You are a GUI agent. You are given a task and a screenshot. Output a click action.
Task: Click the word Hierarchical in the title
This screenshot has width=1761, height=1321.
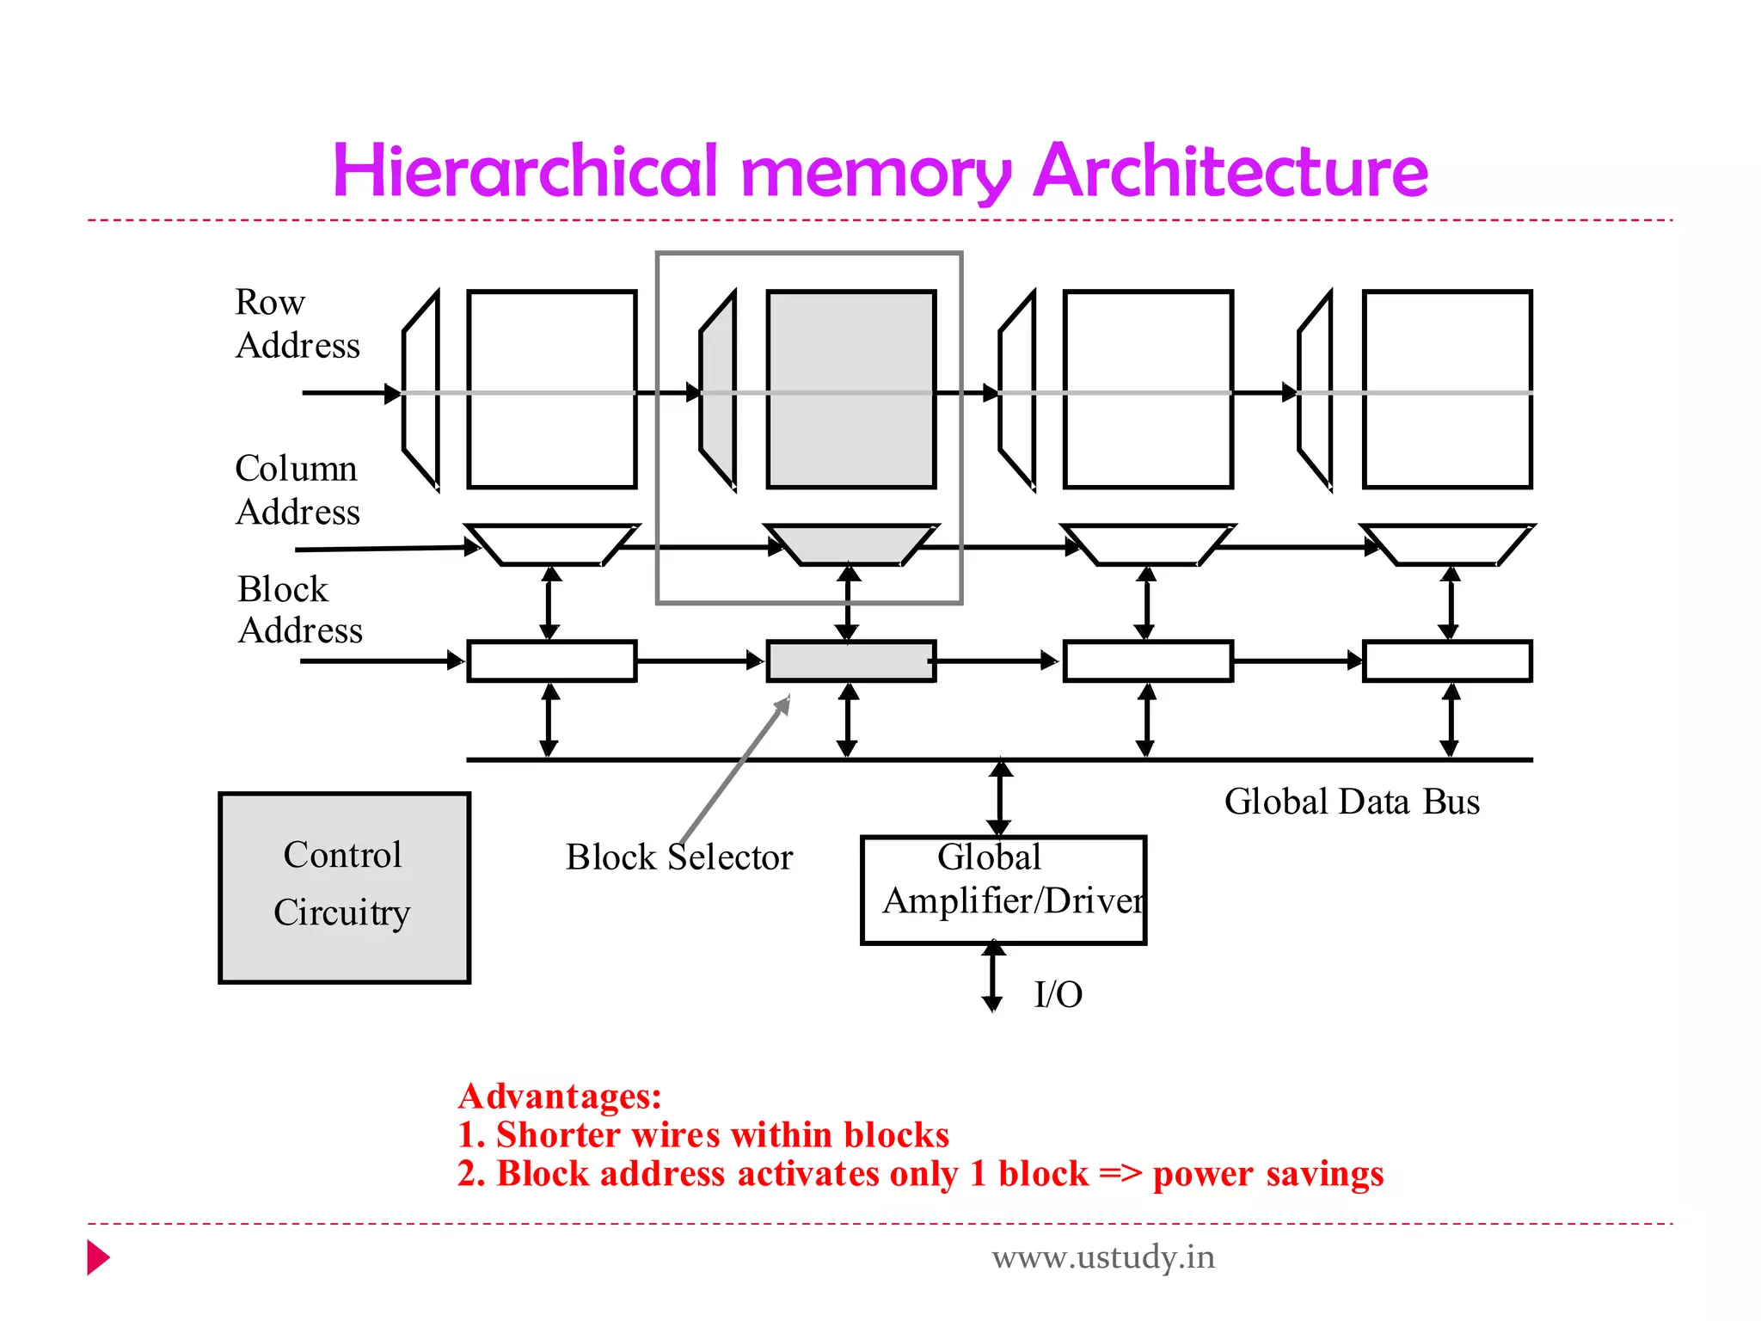[525, 170]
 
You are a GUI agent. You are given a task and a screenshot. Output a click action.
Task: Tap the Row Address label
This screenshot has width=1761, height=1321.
[296, 324]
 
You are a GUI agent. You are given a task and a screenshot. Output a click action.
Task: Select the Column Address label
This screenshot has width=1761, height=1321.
[297, 490]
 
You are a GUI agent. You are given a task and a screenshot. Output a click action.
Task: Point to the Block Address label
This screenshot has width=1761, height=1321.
[298, 610]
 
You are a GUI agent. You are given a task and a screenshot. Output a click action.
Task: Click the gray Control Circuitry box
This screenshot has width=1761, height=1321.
[344, 888]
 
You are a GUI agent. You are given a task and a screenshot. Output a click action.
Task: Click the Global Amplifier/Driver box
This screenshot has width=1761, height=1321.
[1003, 889]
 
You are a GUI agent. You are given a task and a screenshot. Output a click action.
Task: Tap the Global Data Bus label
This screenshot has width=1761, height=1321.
[1352, 802]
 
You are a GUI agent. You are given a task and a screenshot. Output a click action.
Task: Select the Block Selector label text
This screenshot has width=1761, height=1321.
[678, 857]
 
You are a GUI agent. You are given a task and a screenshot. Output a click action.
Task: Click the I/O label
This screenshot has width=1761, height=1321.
[1058, 995]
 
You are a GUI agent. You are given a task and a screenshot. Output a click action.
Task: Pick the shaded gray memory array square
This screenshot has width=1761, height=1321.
[850, 389]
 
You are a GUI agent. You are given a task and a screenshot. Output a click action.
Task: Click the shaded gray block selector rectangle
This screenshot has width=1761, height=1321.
[850, 661]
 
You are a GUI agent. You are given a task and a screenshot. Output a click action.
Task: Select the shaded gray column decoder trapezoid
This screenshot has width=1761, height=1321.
[850, 544]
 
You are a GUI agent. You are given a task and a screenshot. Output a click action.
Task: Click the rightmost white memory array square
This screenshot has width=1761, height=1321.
[1446, 389]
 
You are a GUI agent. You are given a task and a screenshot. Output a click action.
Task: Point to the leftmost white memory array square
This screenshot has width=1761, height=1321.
[551, 389]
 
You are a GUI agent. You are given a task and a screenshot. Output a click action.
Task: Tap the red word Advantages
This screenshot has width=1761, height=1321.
[560, 1097]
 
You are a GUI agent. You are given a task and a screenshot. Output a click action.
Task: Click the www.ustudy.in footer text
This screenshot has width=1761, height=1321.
[1103, 1257]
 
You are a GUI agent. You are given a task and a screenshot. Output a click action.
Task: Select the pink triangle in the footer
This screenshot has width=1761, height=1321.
[97, 1257]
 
